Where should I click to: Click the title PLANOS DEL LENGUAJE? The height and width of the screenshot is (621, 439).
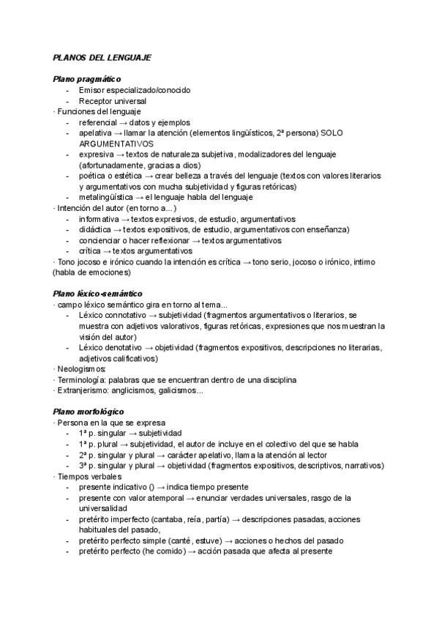[x=102, y=58]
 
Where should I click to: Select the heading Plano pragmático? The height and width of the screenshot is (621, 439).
[x=86, y=79]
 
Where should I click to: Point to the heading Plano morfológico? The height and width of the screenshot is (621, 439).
[x=88, y=412]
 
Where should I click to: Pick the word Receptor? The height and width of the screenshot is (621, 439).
[x=97, y=101]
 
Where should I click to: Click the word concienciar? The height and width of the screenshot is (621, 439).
[x=102, y=240]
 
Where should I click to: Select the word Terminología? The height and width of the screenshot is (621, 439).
[x=82, y=380]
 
